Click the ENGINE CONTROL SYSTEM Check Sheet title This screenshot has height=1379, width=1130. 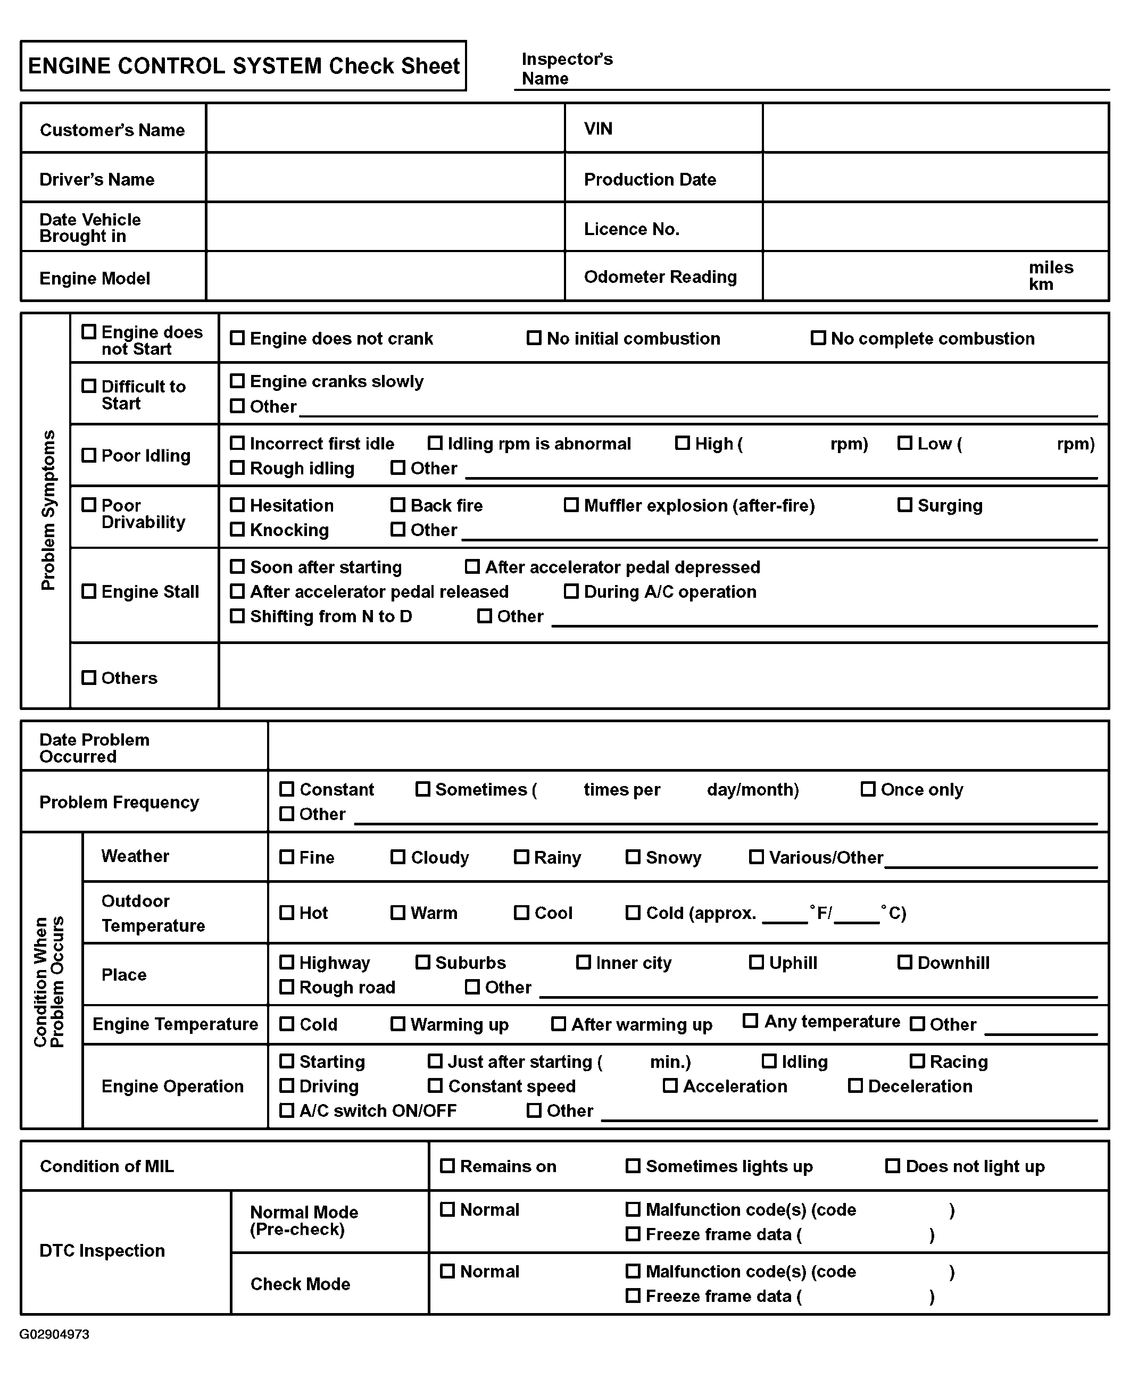[244, 66]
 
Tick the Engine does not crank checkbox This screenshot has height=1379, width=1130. [238, 338]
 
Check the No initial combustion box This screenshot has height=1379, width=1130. [534, 338]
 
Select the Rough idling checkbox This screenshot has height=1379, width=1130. [238, 468]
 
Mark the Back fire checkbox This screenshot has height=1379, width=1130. [398, 505]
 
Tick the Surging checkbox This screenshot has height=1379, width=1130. [905, 505]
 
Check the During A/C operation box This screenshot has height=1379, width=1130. [571, 591]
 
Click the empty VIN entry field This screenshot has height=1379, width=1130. [935, 128]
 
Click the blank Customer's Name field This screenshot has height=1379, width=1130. [385, 128]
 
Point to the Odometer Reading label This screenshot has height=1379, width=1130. [660, 277]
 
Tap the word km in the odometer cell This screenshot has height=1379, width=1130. [1041, 285]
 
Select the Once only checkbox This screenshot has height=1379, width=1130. [868, 789]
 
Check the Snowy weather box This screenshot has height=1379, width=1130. [633, 857]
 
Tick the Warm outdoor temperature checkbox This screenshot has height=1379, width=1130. [398, 913]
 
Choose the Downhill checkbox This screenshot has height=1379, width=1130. [905, 963]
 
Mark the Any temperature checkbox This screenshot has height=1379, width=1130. [751, 1021]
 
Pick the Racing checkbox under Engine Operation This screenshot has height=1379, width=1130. [917, 1062]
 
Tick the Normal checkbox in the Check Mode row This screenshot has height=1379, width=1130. [447, 1271]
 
